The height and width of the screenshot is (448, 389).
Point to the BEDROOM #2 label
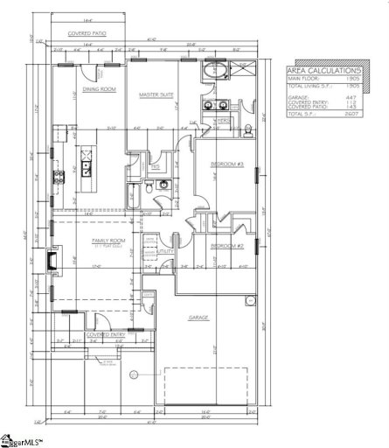(227, 245)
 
